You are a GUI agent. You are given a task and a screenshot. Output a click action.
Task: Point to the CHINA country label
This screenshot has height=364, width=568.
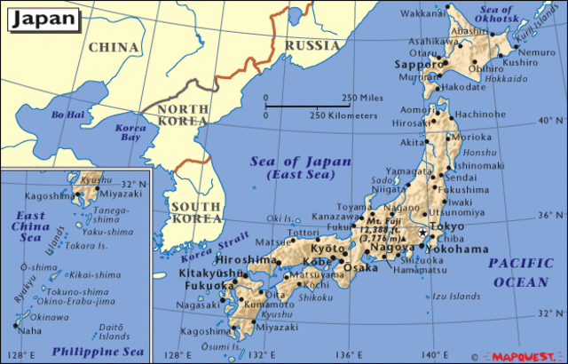click(x=114, y=46)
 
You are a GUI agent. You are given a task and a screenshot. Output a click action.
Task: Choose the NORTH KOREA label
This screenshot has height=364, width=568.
click(x=184, y=115)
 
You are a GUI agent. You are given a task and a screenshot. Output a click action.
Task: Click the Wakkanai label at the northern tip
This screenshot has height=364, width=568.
click(x=424, y=13)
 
